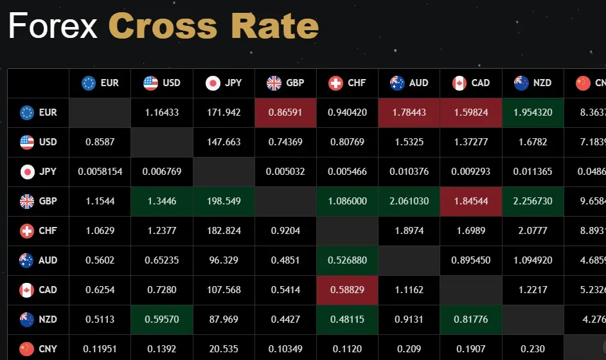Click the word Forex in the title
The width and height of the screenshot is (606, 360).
tap(53, 26)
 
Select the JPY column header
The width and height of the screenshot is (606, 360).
tap(224, 83)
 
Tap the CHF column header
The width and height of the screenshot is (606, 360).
tap(347, 83)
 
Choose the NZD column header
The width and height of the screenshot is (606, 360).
tap(533, 83)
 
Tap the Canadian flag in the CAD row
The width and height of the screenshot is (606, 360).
tap(27, 290)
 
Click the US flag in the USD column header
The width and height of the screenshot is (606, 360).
tap(150, 83)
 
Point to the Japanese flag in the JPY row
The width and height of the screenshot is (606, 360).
tap(27, 172)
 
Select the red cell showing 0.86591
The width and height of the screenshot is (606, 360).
tap(285, 113)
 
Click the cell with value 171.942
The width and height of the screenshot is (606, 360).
tap(224, 113)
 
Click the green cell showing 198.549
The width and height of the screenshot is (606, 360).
tap(224, 201)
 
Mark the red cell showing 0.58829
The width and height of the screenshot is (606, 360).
tap(347, 290)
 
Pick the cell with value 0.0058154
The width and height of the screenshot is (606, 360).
tap(100, 172)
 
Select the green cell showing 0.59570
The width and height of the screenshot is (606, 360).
tap(162, 319)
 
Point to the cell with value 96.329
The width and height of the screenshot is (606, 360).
tap(224, 260)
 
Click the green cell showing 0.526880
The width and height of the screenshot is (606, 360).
tap(347, 260)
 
